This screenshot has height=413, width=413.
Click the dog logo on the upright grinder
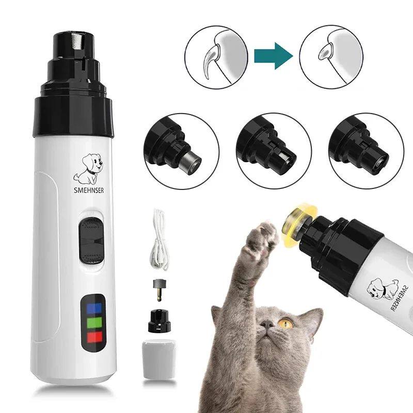[x=88, y=168]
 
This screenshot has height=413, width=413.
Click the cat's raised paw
[x=263, y=241]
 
